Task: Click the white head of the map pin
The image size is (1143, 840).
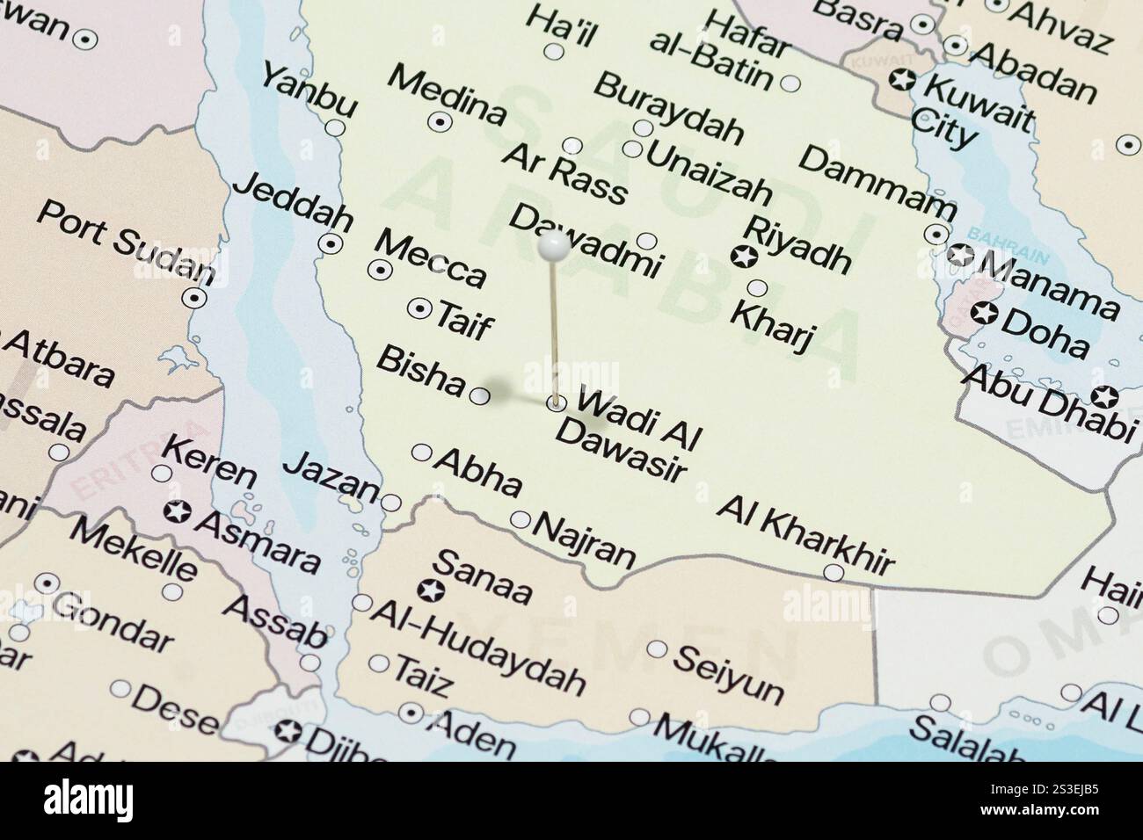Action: pos(552,247)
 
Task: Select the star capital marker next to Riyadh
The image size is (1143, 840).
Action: pos(743,257)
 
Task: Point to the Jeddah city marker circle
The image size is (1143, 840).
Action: pos(330,243)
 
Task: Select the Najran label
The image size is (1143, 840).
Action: pos(584,539)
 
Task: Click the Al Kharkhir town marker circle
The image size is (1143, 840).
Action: pos(834,574)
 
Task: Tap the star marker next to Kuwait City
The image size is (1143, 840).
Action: pos(901,80)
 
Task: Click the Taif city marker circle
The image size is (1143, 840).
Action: pos(420,308)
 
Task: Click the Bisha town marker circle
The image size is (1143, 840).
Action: pos(480,396)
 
